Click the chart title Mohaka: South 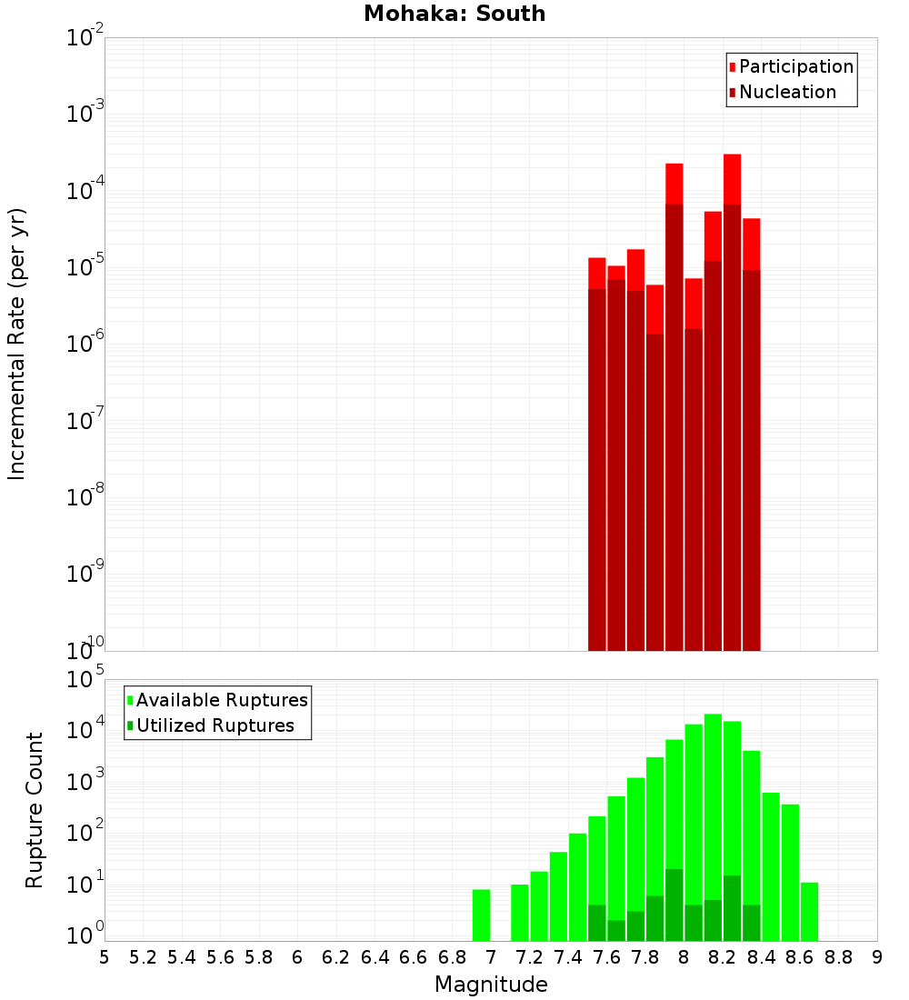[454, 14]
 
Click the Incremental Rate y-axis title [17, 344]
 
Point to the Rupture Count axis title [35, 810]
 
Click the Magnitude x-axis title [491, 985]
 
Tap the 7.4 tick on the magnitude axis [568, 957]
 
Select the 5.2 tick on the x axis [144, 957]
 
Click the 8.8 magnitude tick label [838, 957]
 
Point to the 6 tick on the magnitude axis [297, 957]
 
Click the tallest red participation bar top [732, 156]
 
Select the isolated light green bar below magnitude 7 [481, 915]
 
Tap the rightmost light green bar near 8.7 [809, 911]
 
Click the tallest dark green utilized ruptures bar [674, 905]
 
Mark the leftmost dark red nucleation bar [596, 468]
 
